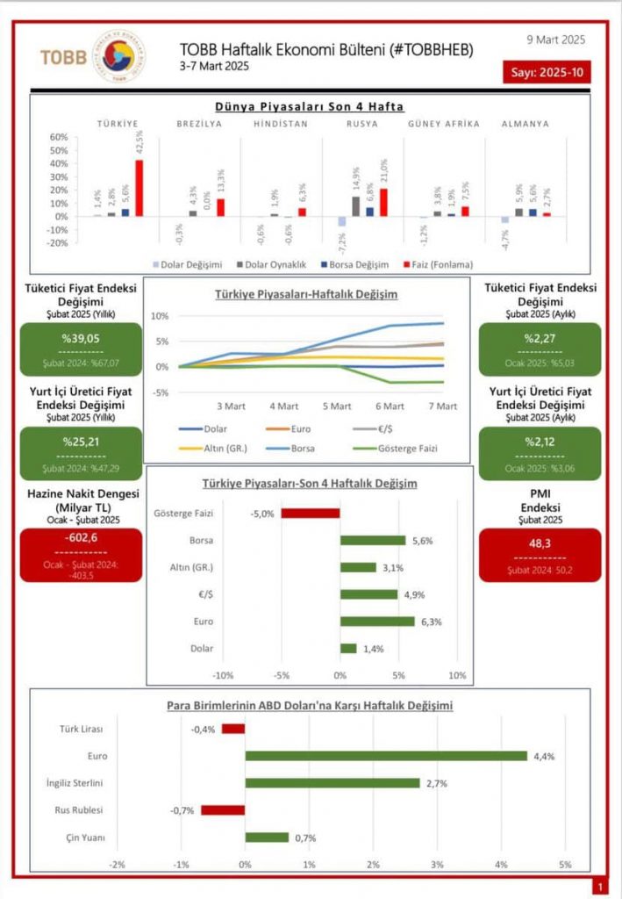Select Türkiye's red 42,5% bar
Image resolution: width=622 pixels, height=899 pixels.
[x=139, y=188]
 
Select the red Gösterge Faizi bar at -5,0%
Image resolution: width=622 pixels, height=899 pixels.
[x=310, y=514]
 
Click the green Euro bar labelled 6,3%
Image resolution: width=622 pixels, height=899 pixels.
[x=377, y=622]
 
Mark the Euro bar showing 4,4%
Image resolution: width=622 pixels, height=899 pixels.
[x=386, y=756]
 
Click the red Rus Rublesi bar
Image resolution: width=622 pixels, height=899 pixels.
[x=223, y=810]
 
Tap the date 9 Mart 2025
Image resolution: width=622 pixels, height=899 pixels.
[x=555, y=40]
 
